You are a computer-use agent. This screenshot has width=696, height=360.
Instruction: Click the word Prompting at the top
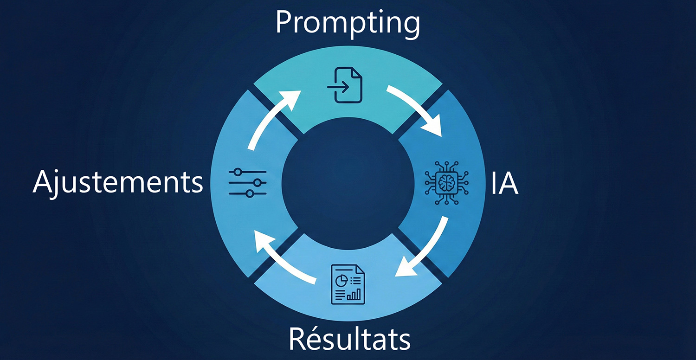(x=348, y=23)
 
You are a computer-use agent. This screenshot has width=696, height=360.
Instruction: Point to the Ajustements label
(x=118, y=183)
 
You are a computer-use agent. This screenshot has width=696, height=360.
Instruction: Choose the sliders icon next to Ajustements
(x=248, y=182)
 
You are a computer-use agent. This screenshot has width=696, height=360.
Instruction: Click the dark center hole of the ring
(x=348, y=183)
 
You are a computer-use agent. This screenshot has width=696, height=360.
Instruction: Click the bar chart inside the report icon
(x=355, y=294)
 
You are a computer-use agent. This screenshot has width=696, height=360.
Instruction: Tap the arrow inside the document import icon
(x=337, y=87)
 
